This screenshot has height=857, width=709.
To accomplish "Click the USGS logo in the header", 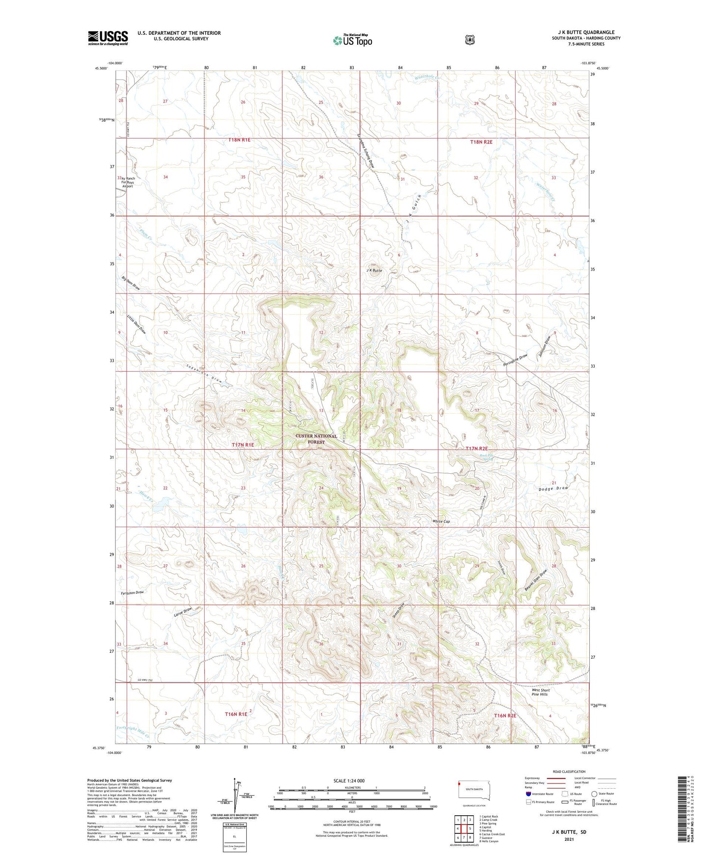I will [x=108, y=38].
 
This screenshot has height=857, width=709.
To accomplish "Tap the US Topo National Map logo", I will [x=352, y=40].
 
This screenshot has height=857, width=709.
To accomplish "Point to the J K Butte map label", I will [x=374, y=270].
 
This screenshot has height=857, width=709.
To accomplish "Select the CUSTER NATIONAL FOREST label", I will [x=316, y=439].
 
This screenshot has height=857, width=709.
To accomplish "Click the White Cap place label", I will [x=441, y=521].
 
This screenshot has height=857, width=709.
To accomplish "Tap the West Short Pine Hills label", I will [x=541, y=692].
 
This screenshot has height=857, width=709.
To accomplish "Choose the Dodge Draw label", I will [x=553, y=488].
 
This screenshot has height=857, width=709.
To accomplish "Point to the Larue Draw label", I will [x=183, y=612].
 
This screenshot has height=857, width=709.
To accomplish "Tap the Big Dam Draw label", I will [x=131, y=283].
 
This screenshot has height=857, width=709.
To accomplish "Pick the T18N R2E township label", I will [x=481, y=142].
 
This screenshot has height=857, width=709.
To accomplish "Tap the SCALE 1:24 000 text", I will [x=349, y=780].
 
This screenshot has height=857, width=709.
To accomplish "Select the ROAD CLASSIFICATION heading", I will [x=569, y=772].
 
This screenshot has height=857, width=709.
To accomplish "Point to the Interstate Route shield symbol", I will [x=528, y=794].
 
